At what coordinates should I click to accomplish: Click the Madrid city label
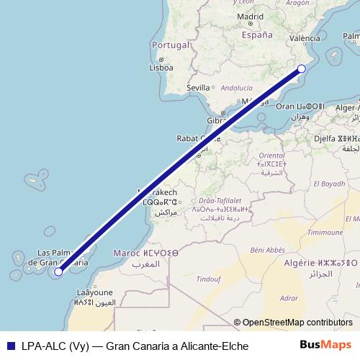point(250,17)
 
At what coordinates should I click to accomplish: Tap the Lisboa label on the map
point(161,68)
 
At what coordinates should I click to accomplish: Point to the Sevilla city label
point(198,88)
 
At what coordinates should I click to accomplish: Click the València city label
point(305,38)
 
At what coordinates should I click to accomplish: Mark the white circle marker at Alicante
point(302,69)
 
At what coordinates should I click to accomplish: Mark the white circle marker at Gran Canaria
point(58,271)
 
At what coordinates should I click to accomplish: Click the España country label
point(257,35)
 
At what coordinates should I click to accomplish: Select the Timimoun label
point(325,233)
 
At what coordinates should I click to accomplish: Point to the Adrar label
point(289,297)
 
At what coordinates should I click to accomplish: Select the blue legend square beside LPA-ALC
point(12,346)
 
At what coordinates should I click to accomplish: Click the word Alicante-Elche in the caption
point(212,346)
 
